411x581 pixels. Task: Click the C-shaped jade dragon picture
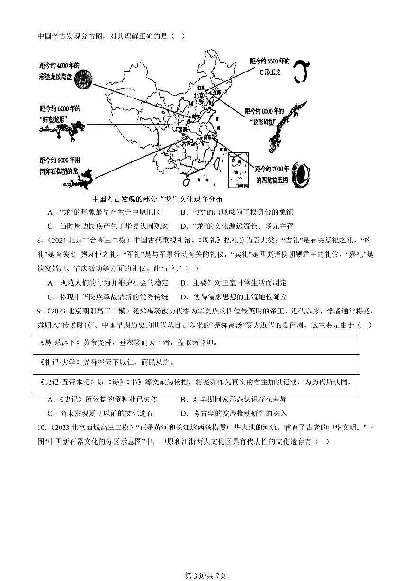pos(300,72)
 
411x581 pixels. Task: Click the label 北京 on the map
pos(198,95)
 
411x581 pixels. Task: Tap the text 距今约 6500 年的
pos(268,61)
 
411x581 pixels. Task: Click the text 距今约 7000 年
pos(272,169)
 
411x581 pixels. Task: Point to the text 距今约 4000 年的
pos(59,65)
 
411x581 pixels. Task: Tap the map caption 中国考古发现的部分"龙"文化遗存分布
pos(157,199)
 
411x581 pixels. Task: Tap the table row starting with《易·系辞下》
pos(196,343)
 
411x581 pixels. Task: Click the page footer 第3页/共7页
pos(205,575)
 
